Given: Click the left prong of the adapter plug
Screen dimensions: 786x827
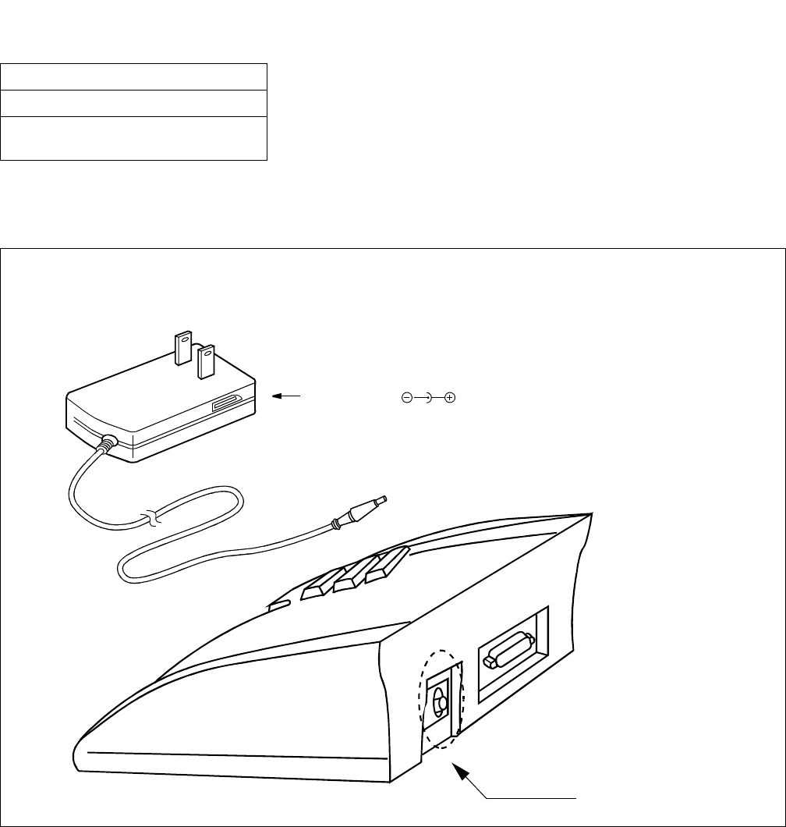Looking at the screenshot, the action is pyautogui.click(x=182, y=349).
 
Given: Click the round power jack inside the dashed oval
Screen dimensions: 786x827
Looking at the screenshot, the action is pyautogui.click(x=441, y=702).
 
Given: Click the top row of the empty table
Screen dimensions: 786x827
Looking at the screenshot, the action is pyautogui.click(x=134, y=76).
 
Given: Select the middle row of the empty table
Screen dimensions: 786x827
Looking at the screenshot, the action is pyautogui.click(x=134, y=102).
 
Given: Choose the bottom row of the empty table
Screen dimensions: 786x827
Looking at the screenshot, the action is pyautogui.click(x=134, y=137).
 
